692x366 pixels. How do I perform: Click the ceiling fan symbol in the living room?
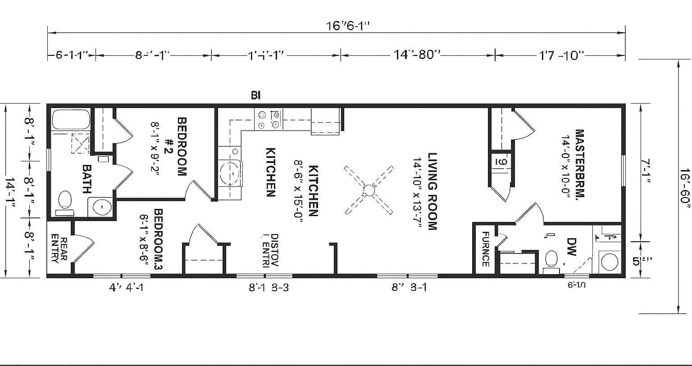click(x=369, y=190)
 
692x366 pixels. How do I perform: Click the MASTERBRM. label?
click(x=579, y=164)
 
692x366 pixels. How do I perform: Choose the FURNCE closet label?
click(x=486, y=249)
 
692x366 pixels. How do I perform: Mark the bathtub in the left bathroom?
click(x=72, y=119)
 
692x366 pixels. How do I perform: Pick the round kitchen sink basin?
click(x=232, y=172)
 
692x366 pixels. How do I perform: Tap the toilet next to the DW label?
click(x=551, y=260)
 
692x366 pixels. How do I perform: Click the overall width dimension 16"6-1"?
click(x=348, y=26)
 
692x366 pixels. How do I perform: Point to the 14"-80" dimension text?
click(x=416, y=55)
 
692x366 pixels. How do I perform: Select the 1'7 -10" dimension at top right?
click(x=561, y=55)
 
